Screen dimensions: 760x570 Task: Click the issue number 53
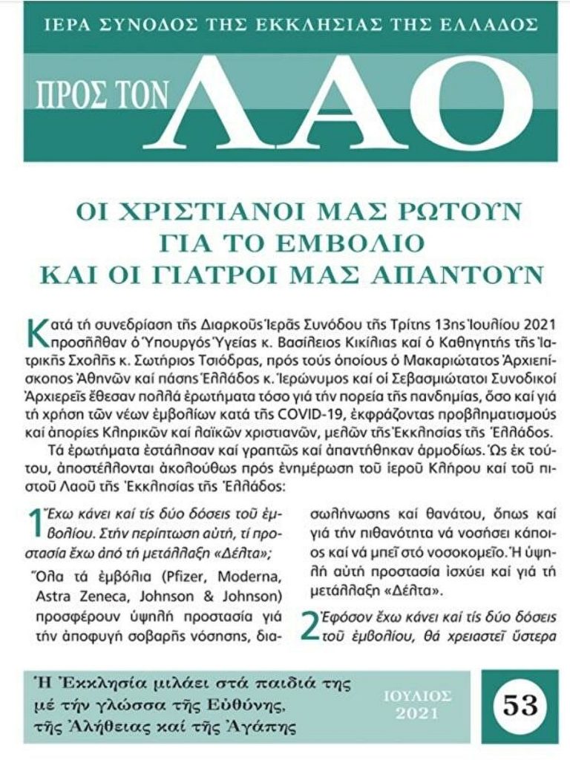(x=519, y=704)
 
